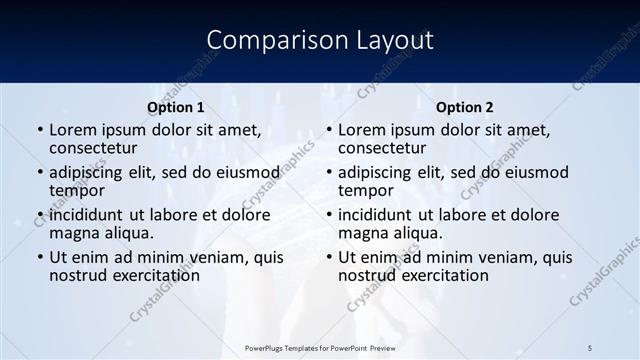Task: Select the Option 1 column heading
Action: point(176,107)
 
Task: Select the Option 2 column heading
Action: point(465,107)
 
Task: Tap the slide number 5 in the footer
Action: point(590,347)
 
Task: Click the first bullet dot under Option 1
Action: point(39,131)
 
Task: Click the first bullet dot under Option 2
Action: point(328,131)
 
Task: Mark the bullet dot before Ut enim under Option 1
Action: point(39,258)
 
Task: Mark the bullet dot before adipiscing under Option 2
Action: point(328,173)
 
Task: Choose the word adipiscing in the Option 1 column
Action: point(88,172)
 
